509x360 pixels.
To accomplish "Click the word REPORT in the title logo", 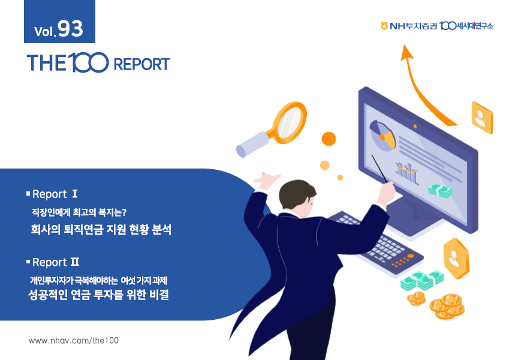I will [141, 64].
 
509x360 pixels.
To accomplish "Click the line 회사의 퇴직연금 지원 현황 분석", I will [101, 230].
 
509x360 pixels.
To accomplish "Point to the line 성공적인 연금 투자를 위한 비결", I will [98, 295].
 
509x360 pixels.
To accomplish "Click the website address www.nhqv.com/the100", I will [74, 340].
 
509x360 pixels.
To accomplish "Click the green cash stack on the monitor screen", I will [439, 191].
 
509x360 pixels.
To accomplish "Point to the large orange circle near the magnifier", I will [329, 139].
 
